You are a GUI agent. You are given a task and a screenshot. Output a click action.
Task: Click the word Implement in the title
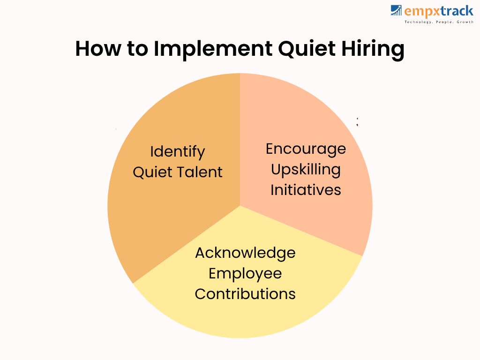click(213, 49)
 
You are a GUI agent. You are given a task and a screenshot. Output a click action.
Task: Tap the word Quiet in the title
click(307, 48)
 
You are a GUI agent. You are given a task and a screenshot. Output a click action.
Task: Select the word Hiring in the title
click(373, 49)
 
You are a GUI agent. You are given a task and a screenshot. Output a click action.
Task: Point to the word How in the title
click(98, 48)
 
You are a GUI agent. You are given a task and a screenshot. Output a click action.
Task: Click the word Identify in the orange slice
click(178, 152)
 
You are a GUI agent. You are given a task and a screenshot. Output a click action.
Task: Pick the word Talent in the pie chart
click(199, 172)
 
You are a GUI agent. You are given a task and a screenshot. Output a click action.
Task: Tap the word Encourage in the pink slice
click(306, 149)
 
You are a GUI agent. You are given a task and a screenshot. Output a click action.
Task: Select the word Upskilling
click(306, 170)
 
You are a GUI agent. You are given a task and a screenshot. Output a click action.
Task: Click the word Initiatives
click(306, 190)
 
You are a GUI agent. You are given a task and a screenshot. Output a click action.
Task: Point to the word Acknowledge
click(245, 253)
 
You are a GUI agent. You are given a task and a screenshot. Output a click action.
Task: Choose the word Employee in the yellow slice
click(245, 274)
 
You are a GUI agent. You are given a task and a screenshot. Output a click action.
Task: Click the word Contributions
click(245, 294)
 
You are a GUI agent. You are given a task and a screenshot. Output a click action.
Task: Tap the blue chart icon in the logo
click(396, 10)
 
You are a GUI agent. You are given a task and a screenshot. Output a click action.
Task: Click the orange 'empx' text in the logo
click(422, 12)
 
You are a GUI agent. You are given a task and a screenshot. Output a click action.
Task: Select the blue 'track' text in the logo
click(457, 11)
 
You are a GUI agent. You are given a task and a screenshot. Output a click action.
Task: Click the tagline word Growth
click(465, 22)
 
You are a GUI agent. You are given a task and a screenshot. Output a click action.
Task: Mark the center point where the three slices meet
click(240, 206)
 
